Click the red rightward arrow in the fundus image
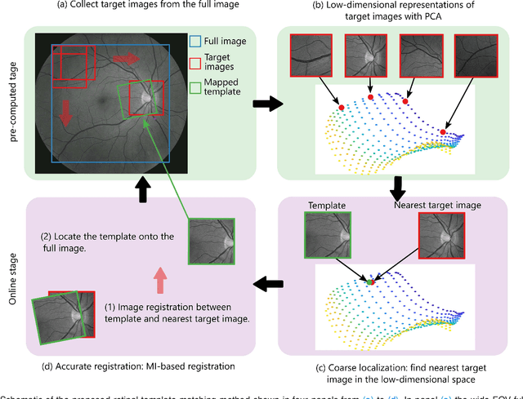(125, 58)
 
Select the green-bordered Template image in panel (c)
(329, 242)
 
